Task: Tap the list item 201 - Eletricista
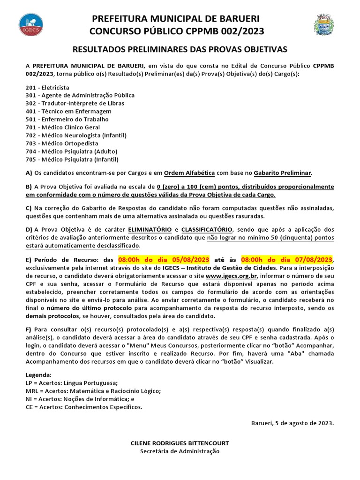(x=48, y=87)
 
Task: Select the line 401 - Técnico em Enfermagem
(x=68, y=111)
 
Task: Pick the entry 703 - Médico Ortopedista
(x=62, y=143)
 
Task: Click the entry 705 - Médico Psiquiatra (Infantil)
(x=72, y=159)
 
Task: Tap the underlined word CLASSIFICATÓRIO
(x=206, y=229)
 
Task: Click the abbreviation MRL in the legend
(x=32, y=391)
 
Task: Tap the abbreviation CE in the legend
(x=30, y=407)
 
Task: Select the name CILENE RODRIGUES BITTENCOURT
(x=180, y=443)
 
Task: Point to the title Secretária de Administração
(x=180, y=451)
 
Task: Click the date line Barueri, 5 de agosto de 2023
(x=292, y=423)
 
